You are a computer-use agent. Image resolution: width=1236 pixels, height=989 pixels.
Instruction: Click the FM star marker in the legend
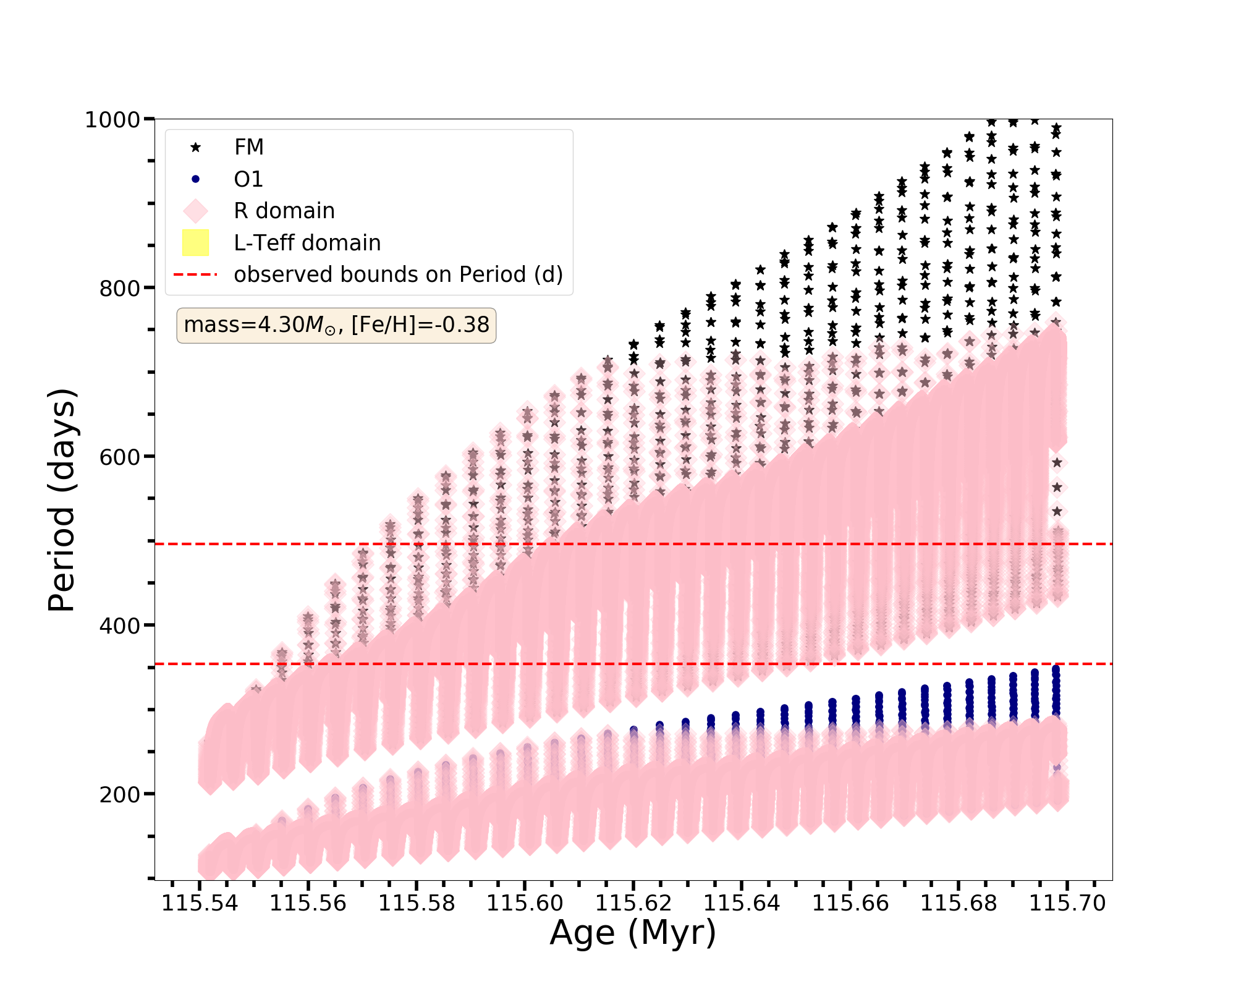coord(195,147)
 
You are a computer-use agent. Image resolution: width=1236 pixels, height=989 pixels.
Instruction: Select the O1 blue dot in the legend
coord(195,179)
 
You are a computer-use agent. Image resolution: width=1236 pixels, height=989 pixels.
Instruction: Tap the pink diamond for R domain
coord(195,211)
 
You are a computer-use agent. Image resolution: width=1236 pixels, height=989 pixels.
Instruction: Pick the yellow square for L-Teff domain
coord(195,243)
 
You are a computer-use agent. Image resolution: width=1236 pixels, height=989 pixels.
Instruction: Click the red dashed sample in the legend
coord(195,274)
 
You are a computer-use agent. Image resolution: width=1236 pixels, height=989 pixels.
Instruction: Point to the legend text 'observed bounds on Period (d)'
coord(398,274)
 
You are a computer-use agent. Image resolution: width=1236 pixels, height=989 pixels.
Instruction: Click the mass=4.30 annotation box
coord(336,325)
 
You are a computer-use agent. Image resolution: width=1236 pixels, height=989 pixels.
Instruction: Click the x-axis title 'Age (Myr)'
coord(633,932)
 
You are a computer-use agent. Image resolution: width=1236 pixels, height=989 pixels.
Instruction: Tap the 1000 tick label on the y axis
coord(112,119)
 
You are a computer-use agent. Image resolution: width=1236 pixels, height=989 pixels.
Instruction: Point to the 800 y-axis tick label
coord(119,288)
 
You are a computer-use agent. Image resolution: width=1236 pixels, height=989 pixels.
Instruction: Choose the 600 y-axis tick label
coord(119,457)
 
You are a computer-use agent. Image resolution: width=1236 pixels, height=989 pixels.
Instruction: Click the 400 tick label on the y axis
coord(119,626)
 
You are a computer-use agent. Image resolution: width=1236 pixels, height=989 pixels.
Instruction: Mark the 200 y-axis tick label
coord(119,794)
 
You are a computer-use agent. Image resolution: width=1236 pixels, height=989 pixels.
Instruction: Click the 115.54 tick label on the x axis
coord(200,904)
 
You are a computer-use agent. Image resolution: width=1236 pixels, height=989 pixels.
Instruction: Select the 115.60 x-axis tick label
coord(525,904)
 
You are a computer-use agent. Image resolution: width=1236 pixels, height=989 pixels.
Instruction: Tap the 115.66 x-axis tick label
coord(850,904)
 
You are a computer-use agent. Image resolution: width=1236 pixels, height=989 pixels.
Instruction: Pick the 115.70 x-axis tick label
coord(1067,904)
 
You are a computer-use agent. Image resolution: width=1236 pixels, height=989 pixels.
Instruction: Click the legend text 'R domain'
coord(284,211)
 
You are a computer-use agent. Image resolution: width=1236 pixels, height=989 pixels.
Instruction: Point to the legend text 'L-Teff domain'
coord(307,243)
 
